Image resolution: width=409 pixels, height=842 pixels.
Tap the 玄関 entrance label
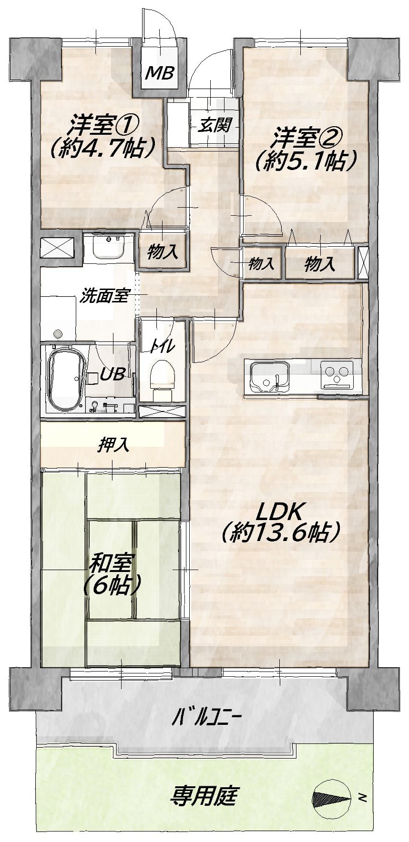point(215,125)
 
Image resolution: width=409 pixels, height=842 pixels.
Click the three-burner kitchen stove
point(338,373)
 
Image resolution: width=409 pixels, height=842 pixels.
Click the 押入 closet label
point(113,445)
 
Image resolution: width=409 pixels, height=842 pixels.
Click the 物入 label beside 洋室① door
point(163,252)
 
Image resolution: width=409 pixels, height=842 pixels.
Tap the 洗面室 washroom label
point(104,296)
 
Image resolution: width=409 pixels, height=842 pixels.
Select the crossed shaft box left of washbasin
point(57,248)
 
